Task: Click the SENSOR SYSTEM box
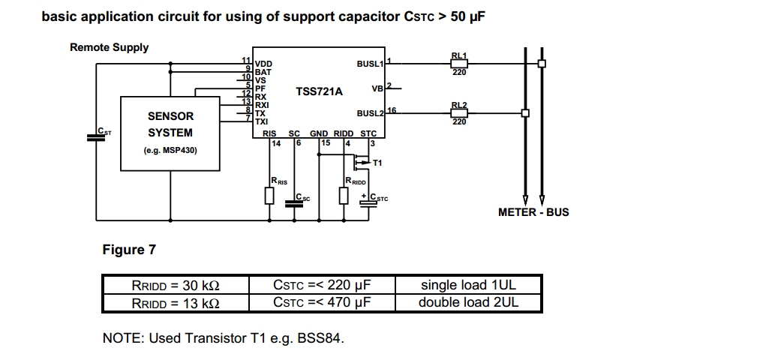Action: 170,133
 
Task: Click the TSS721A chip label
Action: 319,91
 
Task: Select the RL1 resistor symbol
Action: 459,64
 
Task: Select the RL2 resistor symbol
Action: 459,113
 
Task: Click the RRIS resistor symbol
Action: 270,195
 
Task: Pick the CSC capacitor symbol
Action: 294,200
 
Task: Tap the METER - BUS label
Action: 533,212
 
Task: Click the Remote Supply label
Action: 110,47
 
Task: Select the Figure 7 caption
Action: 129,250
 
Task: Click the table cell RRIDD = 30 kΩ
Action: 176,285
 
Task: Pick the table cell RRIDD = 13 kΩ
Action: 176,303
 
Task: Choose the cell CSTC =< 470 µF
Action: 323,303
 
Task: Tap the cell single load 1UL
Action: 468,285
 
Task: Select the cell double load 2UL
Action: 468,303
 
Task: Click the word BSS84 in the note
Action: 320,338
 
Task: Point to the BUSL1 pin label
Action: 370,64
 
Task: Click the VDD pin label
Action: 264,64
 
